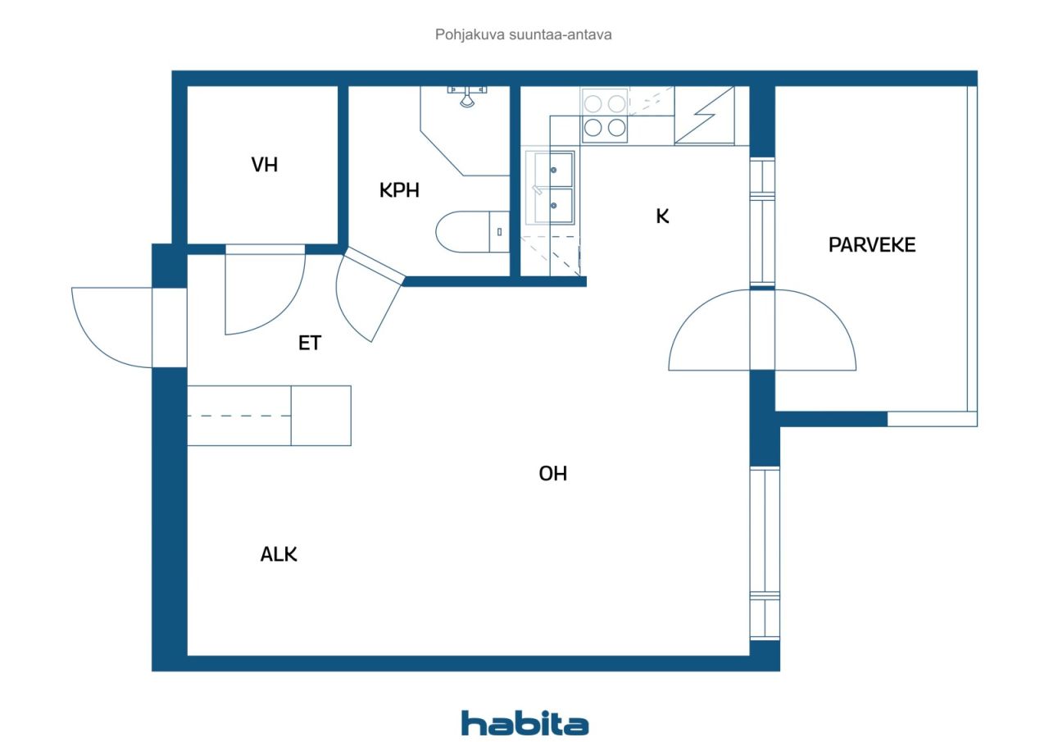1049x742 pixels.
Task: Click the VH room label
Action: [265, 165]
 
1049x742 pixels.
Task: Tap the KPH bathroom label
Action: [399, 190]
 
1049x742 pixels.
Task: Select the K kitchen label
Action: [662, 216]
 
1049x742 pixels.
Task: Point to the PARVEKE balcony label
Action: [872, 245]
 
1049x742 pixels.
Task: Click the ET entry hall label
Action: [310, 343]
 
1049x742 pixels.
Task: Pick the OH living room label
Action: [552, 474]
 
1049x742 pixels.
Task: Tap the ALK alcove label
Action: [279, 554]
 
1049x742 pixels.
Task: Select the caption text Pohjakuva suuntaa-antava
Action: [523, 34]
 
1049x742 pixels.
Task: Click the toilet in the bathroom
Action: [472, 232]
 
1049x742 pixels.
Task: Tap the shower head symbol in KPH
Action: [467, 97]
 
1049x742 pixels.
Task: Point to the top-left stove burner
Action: [593, 103]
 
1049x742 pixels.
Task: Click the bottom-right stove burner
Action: [616, 127]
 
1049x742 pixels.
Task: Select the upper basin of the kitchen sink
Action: [554, 169]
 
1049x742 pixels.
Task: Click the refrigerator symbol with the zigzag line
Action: [704, 115]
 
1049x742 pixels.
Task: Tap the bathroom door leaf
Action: [375, 266]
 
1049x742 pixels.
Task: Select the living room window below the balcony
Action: [765, 553]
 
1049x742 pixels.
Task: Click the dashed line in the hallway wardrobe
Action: [239, 416]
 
